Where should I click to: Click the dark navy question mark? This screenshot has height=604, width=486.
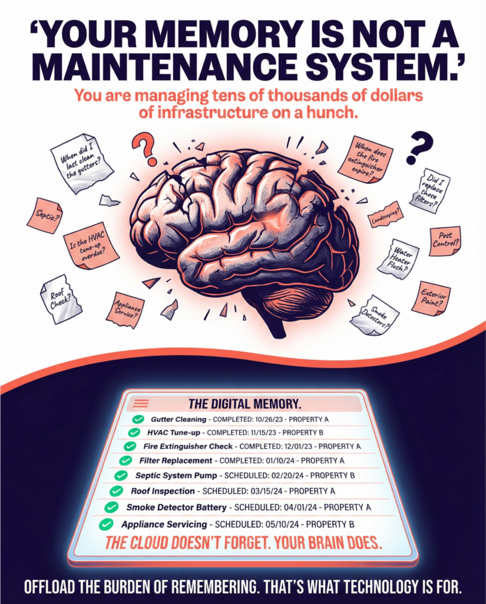click(419, 147)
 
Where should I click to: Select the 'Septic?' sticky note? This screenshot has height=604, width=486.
click(45, 215)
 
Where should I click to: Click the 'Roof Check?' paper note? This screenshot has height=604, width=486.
click(61, 299)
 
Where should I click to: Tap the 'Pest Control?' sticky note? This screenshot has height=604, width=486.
click(445, 240)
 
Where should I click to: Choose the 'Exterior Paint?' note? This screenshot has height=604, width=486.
click(431, 298)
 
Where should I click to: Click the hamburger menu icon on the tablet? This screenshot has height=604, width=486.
click(141, 403)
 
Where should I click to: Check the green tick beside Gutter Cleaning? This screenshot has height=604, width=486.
click(138, 419)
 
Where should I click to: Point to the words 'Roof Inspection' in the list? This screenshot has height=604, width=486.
click(163, 491)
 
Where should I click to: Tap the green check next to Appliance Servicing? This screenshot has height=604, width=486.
click(106, 524)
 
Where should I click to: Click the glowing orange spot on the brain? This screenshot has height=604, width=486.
click(274, 219)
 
